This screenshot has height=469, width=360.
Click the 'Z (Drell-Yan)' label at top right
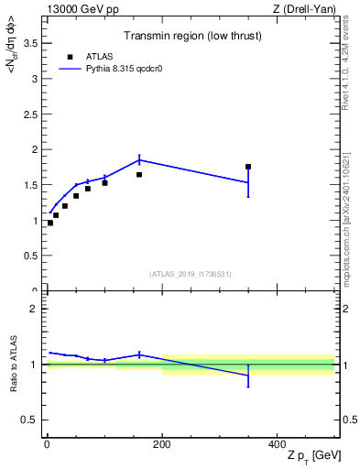302,9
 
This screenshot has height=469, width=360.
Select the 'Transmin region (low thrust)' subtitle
191,38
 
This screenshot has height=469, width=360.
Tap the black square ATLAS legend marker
70,57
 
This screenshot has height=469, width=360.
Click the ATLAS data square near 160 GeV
139,174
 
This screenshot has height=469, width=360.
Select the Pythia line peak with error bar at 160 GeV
139,159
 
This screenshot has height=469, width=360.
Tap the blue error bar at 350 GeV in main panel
248,183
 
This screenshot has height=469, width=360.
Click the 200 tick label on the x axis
162,443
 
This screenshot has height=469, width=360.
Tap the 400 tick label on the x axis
277,443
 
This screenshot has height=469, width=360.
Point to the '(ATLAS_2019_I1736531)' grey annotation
191,273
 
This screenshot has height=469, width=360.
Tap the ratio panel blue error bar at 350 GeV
248,376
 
